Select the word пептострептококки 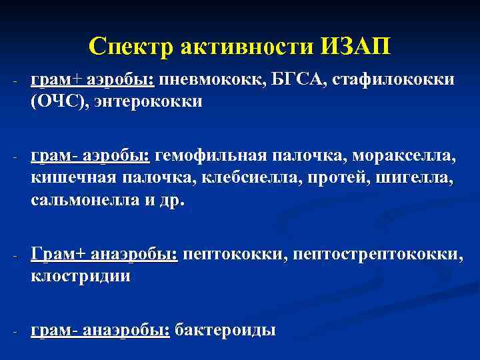376,255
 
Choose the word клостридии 81,277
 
